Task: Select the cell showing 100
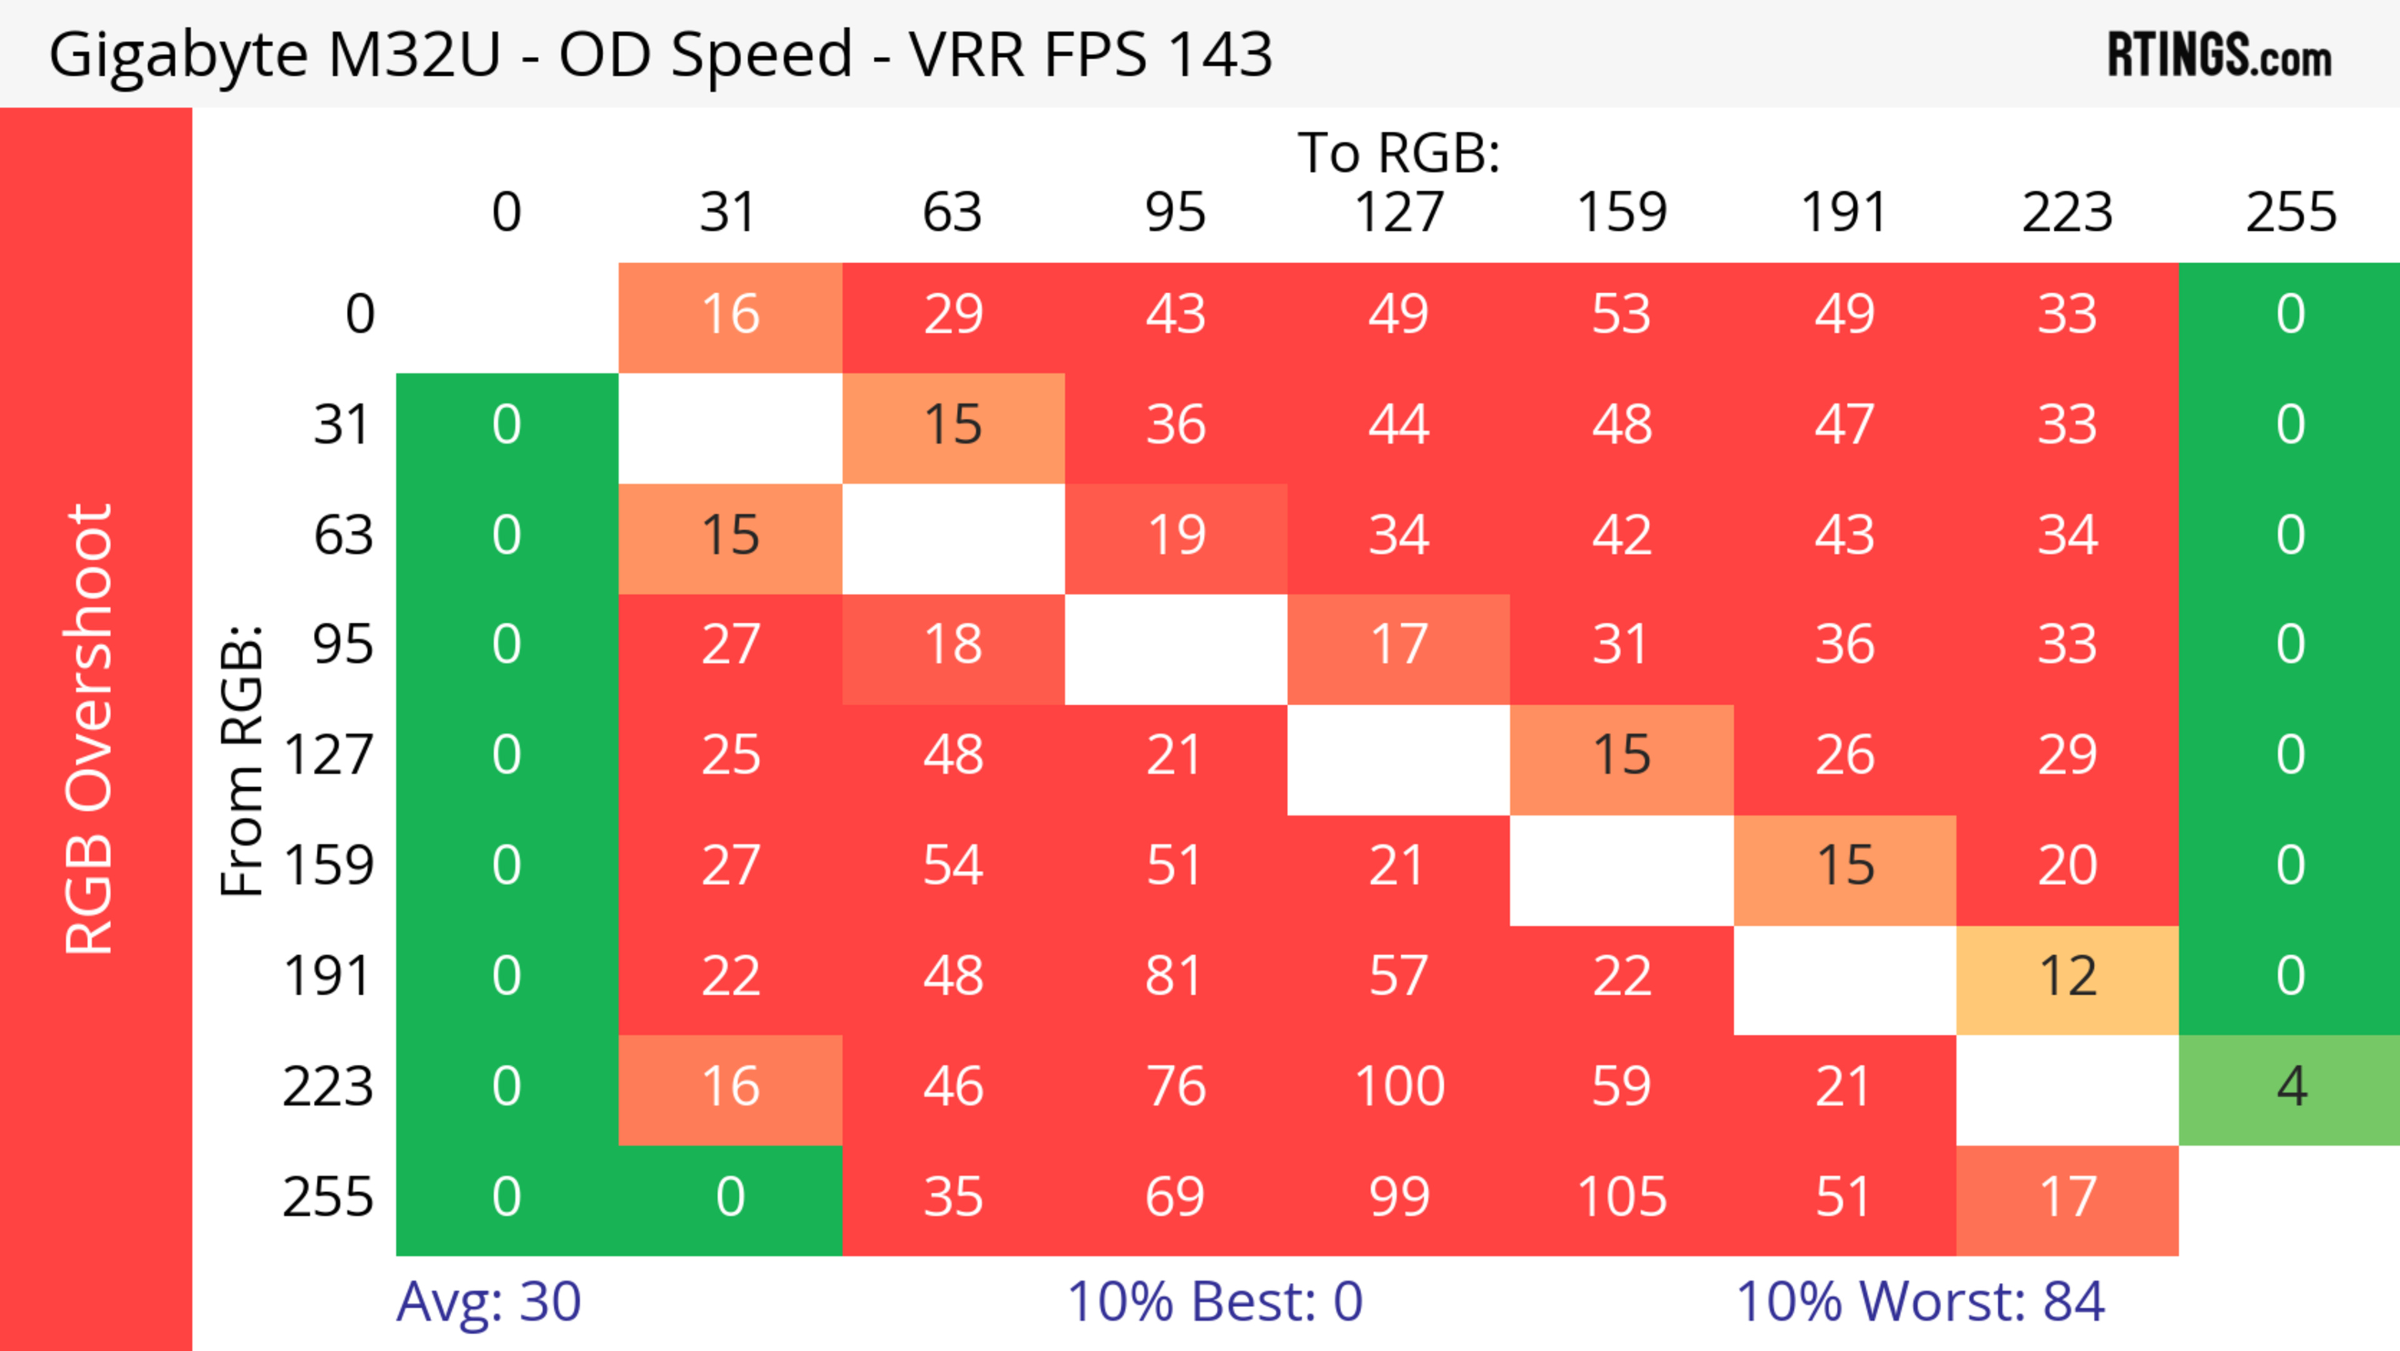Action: (x=1399, y=1087)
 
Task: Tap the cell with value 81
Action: (x=1176, y=977)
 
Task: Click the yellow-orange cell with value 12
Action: (x=2067, y=977)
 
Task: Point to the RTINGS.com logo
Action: (x=2219, y=56)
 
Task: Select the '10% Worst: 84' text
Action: (x=1920, y=1302)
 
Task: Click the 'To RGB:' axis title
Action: (x=1399, y=152)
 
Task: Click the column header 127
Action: (x=1399, y=213)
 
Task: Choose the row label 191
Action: (x=328, y=977)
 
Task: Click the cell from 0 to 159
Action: (x=1621, y=314)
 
